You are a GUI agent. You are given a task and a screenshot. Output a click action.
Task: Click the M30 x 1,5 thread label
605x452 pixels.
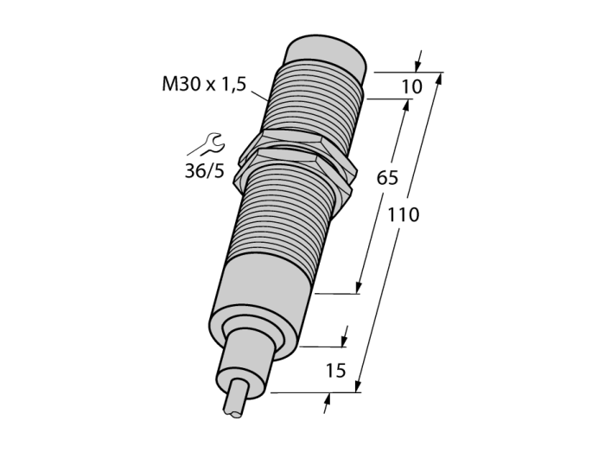(x=204, y=84)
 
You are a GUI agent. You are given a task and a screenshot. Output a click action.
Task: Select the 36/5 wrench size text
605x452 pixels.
(x=205, y=170)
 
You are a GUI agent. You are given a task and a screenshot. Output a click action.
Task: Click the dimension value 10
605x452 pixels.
(x=412, y=86)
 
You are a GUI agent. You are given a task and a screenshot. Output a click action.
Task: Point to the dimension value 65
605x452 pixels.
(x=387, y=178)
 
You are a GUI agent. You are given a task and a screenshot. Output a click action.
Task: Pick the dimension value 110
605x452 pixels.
(x=404, y=214)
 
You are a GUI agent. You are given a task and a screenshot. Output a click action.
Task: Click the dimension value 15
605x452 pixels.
(x=335, y=370)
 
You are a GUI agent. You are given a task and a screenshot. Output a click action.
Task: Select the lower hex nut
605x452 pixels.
(x=293, y=169)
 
